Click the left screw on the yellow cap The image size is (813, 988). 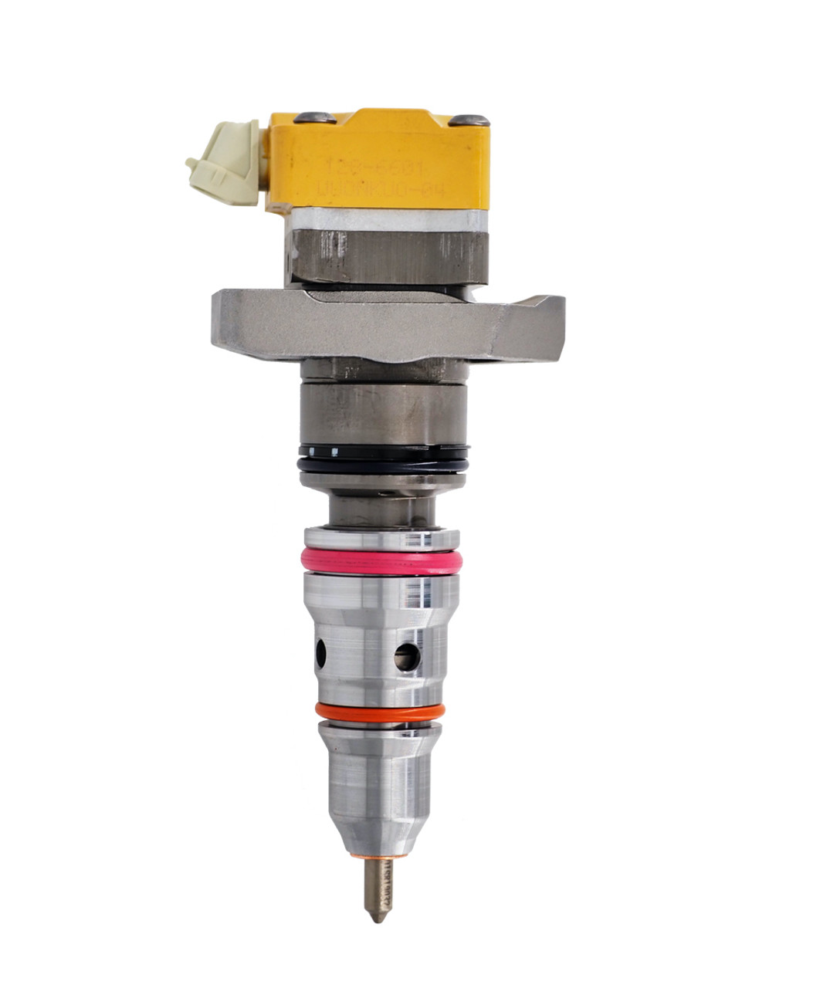click(317, 117)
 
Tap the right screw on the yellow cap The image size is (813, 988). click(469, 120)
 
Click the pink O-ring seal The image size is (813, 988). click(381, 562)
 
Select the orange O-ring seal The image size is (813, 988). click(380, 712)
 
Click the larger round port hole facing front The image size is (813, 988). click(407, 657)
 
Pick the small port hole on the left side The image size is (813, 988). click(320, 654)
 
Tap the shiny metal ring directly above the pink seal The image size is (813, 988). click(381, 538)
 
